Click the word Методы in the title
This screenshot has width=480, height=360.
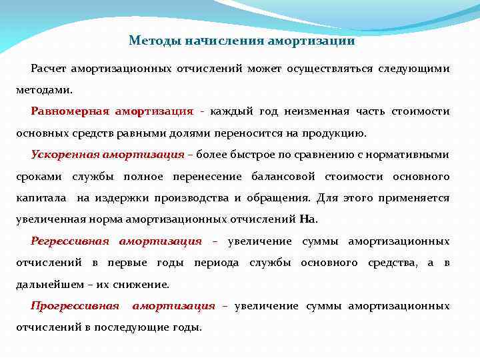pyautogui.click(x=151, y=41)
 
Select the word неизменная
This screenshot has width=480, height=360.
pyautogui.click(x=320, y=111)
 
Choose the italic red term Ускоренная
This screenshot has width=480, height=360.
pyautogui.click(x=65, y=155)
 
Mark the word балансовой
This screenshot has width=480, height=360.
pyautogui.click(x=287, y=177)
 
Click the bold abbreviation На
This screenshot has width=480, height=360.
pyautogui.click(x=308, y=219)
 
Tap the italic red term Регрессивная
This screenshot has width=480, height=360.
pyautogui.click(x=71, y=241)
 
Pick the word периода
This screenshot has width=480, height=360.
pyautogui.click(x=217, y=263)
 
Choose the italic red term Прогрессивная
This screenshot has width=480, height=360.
pyautogui.click(x=75, y=306)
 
